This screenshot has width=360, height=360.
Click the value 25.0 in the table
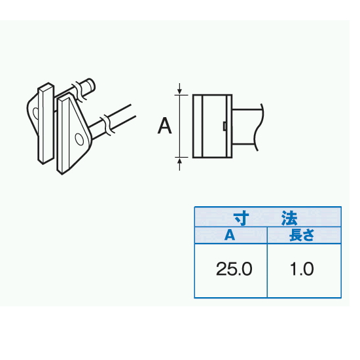point(234,269)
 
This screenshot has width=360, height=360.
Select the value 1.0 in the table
point(302,269)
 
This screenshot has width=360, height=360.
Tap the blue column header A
point(230,235)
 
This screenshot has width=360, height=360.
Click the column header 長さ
point(302,235)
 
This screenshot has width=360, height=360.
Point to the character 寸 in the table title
point(241,218)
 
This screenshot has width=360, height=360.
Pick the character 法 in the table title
point(290,218)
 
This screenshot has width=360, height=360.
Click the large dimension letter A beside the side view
point(164,126)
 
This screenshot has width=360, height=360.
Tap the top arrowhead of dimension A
point(179,92)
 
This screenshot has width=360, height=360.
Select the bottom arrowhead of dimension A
point(179,160)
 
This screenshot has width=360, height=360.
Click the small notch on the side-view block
point(225,126)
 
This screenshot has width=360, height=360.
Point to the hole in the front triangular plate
point(79,139)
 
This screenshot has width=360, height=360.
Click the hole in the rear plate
point(35,113)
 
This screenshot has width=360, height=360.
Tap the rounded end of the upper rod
point(92,84)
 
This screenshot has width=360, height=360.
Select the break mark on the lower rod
point(107,126)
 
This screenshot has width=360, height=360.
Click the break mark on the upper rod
point(78,92)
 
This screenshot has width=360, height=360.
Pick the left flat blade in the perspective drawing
point(46,123)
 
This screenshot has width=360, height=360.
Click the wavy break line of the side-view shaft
point(259,127)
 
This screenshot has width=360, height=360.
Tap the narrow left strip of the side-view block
point(198,126)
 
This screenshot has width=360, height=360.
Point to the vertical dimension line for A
point(179,126)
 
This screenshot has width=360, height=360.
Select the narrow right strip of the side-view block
point(229,126)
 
